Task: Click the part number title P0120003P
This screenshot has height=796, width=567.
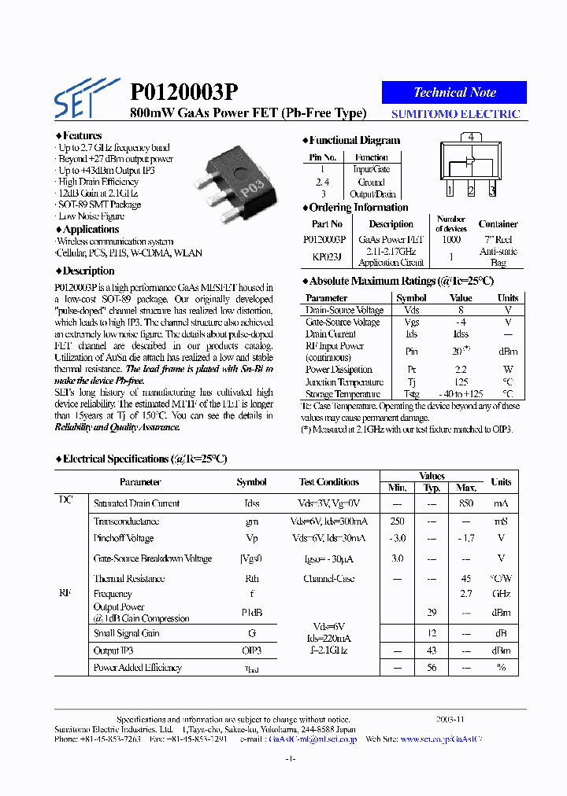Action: pos(183,92)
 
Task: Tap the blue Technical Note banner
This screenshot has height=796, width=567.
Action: pos(454,92)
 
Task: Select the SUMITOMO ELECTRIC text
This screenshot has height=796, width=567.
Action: pos(456,114)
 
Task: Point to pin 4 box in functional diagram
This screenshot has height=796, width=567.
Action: pos(470,137)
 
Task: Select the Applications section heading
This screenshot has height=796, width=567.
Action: pos(90,230)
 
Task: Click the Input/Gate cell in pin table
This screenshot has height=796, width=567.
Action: pos(371,169)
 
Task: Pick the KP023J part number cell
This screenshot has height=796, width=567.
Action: pos(326,256)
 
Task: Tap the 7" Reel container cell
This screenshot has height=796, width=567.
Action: pos(498,239)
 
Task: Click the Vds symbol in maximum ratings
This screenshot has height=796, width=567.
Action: pos(411,311)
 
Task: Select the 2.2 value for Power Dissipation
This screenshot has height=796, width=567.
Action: pos(461,370)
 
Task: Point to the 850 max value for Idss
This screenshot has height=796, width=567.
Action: pos(466,503)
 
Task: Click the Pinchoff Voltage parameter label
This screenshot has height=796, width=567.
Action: pos(124,539)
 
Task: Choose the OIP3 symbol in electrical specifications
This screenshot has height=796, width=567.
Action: pos(251,650)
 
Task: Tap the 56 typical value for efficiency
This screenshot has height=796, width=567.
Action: pos(432,668)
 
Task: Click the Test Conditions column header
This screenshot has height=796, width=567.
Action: pos(328,482)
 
